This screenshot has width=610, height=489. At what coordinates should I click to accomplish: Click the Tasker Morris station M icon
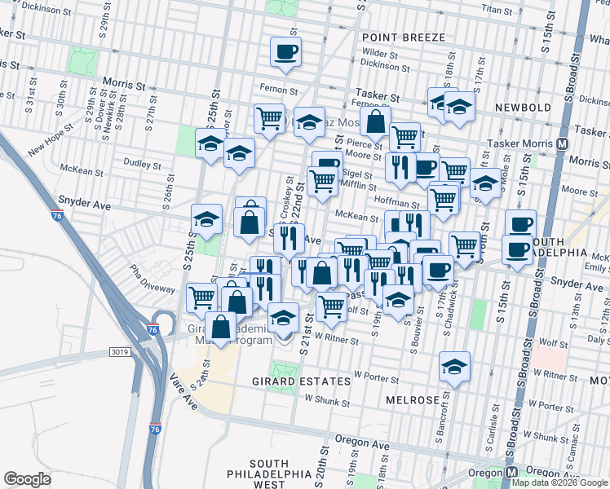(x=563, y=143)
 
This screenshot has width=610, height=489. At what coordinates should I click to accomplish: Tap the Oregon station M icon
(x=512, y=473)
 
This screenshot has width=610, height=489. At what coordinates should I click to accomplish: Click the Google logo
(x=28, y=478)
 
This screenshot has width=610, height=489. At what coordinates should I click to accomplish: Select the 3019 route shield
(x=120, y=352)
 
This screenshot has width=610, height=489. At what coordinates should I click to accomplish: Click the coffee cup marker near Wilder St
(x=286, y=53)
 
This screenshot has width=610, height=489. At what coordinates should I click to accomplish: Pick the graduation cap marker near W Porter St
(x=455, y=368)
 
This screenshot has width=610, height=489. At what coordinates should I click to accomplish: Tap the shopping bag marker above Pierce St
(x=375, y=122)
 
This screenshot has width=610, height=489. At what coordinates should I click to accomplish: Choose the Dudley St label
(x=140, y=163)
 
